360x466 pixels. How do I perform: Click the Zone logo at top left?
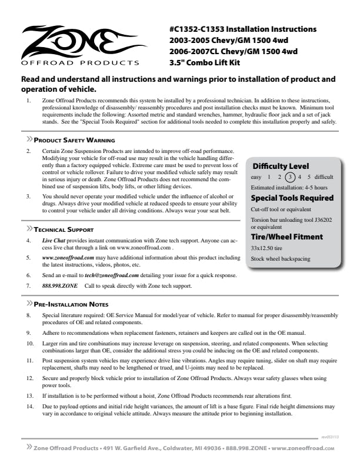80,44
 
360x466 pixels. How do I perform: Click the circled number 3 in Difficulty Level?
289,177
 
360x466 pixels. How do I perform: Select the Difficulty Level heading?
281,167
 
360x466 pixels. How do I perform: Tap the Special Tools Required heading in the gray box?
289,198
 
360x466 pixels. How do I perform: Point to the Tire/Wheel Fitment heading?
286,237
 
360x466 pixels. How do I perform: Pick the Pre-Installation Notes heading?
70,304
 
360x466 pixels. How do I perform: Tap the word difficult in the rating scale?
324,177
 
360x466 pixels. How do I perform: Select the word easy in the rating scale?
256,177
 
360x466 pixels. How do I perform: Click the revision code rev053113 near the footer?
330,437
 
